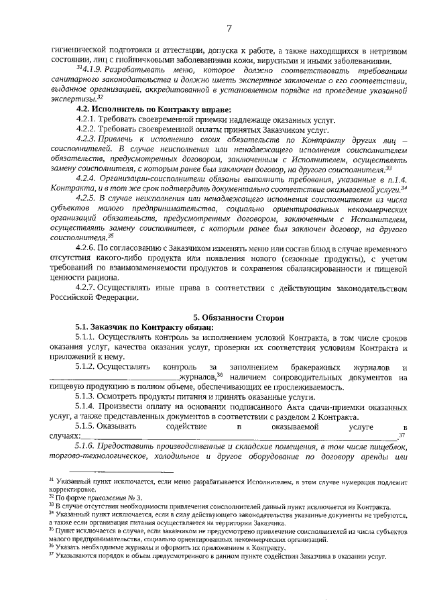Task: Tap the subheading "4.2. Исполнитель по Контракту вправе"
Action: point(154,108)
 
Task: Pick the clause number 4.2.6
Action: point(87,249)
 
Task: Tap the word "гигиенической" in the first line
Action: point(80,49)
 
